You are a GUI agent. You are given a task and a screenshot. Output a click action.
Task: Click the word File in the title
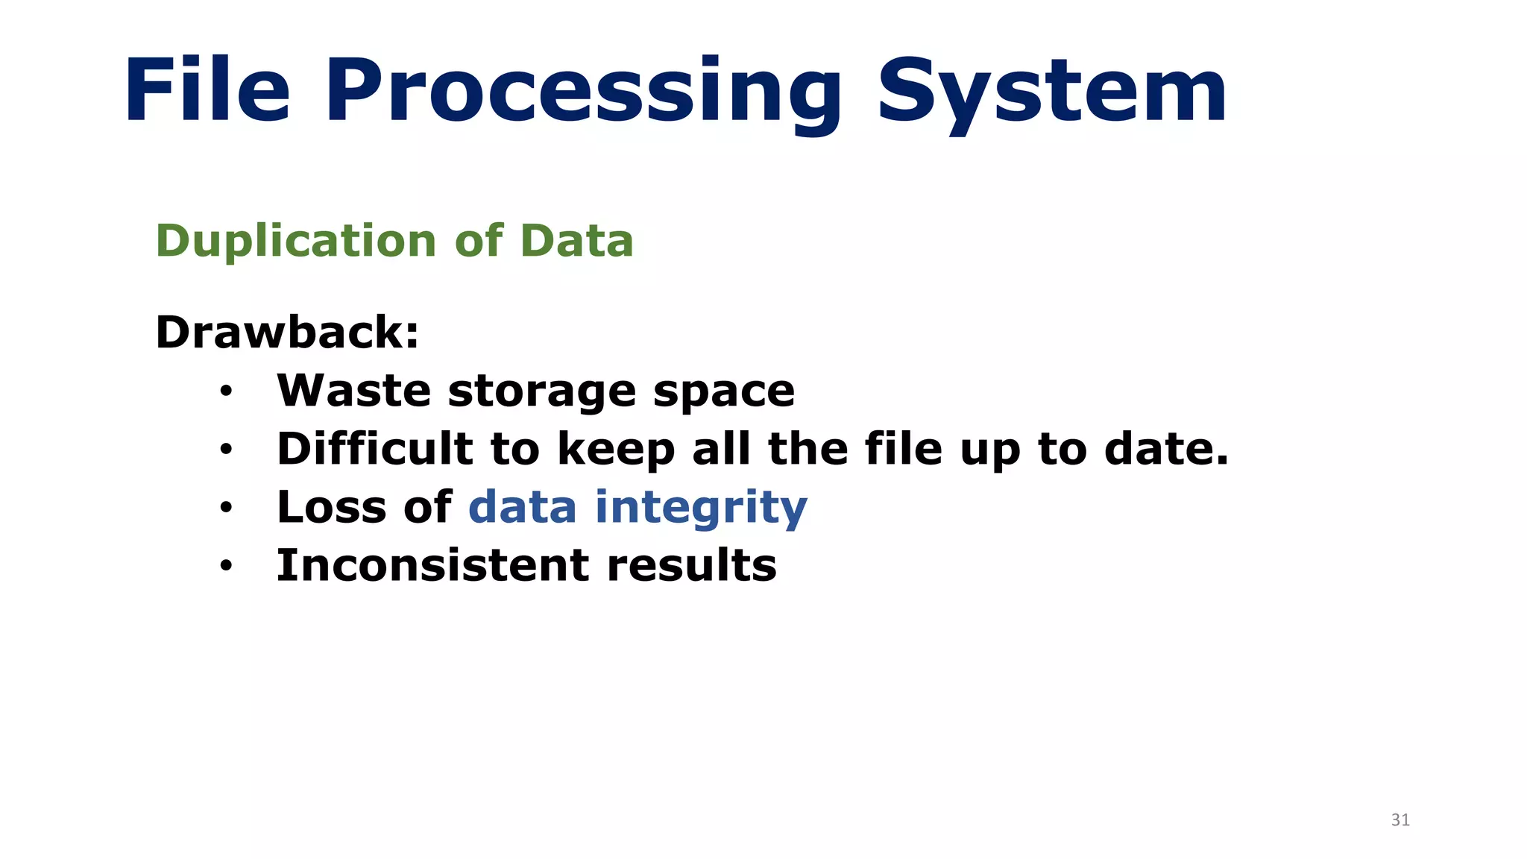[207, 91]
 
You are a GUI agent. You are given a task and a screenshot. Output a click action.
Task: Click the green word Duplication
[296, 241]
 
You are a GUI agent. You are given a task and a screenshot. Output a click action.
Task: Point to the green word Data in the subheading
[576, 241]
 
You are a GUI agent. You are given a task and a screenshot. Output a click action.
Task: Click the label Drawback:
[287, 332]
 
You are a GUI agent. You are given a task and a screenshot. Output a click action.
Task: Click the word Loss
[331, 507]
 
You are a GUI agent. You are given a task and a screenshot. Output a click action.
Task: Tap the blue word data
[522, 507]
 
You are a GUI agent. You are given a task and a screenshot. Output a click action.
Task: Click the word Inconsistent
[432, 565]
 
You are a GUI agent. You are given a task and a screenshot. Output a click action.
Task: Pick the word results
[691, 565]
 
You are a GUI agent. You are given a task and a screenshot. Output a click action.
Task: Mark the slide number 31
[1400, 820]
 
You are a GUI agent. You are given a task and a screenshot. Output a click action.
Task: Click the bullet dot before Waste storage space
[227, 391]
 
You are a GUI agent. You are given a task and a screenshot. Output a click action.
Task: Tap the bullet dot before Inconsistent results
[227, 566]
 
